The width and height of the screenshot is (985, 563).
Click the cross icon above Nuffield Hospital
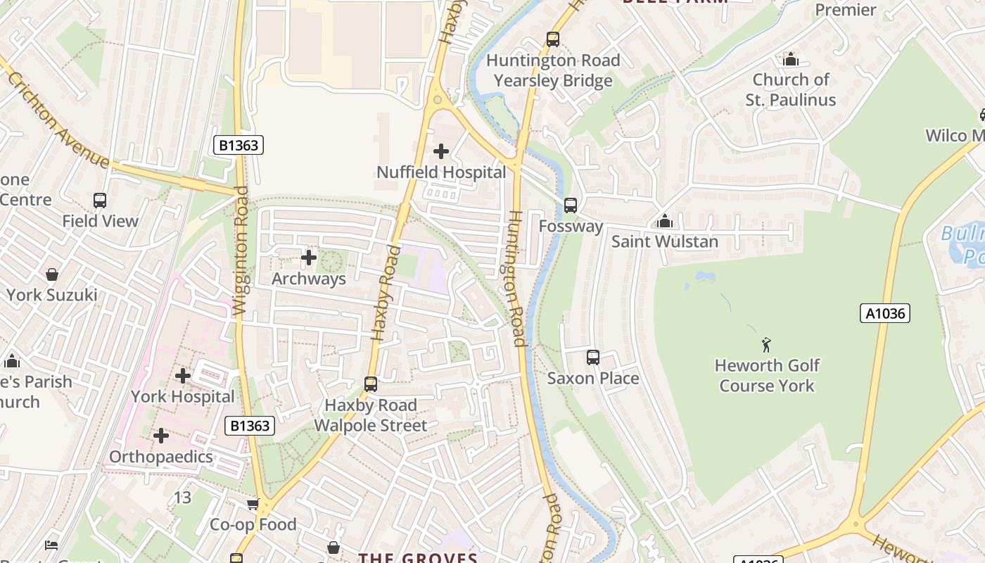click(x=441, y=151)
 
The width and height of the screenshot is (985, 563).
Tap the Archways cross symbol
click(x=309, y=258)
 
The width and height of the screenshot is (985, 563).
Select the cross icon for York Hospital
click(x=183, y=376)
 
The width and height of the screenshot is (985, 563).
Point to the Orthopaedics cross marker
click(x=161, y=436)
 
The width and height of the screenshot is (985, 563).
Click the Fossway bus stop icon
click(x=571, y=205)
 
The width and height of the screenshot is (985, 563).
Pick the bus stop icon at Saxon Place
click(x=593, y=358)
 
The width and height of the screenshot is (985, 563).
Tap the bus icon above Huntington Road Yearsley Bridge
click(x=553, y=39)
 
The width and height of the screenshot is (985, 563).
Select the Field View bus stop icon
click(x=100, y=201)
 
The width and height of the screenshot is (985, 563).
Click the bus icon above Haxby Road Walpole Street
click(x=371, y=384)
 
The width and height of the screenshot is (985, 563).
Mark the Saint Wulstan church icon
click(x=665, y=222)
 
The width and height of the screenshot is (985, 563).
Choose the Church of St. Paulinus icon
click(x=791, y=59)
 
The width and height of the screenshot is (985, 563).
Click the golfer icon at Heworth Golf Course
click(x=766, y=345)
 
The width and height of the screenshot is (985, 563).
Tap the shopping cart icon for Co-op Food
click(x=253, y=504)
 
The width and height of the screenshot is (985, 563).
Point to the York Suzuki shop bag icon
click(x=52, y=274)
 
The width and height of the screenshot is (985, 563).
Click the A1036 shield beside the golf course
click(x=885, y=313)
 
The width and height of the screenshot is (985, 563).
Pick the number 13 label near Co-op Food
click(x=182, y=498)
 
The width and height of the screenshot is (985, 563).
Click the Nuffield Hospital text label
click(x=441, y=172)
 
